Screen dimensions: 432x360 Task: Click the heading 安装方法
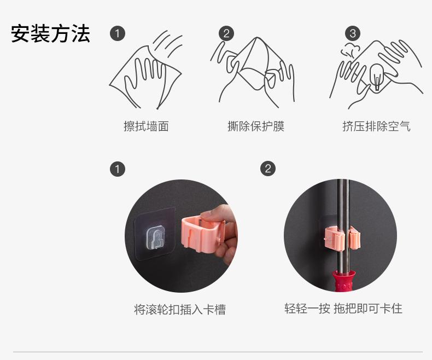point(50,33)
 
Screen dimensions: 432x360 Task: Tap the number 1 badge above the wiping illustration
point(118,33)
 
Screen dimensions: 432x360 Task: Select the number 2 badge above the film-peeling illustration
point(226,33)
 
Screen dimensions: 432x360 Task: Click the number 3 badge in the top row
point(353,33)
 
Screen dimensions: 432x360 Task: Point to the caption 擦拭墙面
point(146,126)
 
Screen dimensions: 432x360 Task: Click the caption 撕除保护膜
point(256,126)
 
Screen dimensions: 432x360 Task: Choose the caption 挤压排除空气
point(376,126)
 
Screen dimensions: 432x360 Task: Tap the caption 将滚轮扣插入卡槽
point(180,309)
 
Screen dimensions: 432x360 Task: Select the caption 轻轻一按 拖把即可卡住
point(343,309)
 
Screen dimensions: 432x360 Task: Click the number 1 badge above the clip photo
point(118,169)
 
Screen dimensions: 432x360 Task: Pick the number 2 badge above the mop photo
point(268,169)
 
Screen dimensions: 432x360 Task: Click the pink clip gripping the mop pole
point(342,237)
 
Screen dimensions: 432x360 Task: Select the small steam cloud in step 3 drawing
point(351,50)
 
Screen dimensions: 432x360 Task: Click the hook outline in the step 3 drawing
point(377,77)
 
